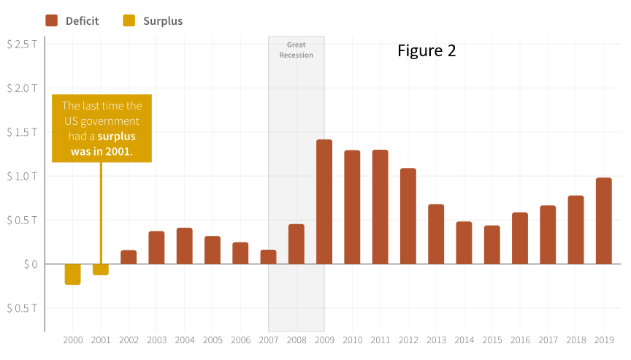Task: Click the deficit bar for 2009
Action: (x=324, y=202)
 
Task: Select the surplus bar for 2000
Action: (x=72, y=274)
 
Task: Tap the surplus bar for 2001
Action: (x=101, y=269)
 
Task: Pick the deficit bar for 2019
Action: (x=604, y=221)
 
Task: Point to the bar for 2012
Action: (x=408, y=216)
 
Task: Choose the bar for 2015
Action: (x=492, y=245)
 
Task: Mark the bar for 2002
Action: (x=129, y=257)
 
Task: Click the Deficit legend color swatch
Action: (x=52, y=20)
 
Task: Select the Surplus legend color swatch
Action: (x=129, y=20)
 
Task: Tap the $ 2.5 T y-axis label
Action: (x=22, y=44)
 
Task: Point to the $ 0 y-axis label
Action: (x=27, y=264)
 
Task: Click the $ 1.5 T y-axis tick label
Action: (x=22, y=132)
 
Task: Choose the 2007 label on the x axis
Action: (x=269, y=340)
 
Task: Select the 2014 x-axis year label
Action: (x=464, y=340)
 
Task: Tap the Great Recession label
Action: (x=297, y=50)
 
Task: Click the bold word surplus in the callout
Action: (x=116, y=137)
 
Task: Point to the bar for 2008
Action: (x=297, y=244)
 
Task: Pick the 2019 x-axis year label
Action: (x=604, y=340)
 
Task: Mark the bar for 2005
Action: (x=213, y=250)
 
